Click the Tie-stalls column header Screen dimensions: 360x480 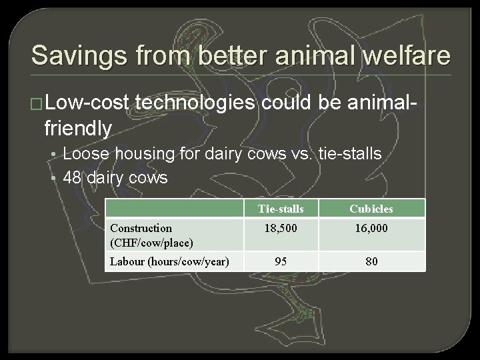click(281, 209)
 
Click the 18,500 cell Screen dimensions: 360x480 click(281, 228)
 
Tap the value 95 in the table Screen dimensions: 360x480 click(281, 261)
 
